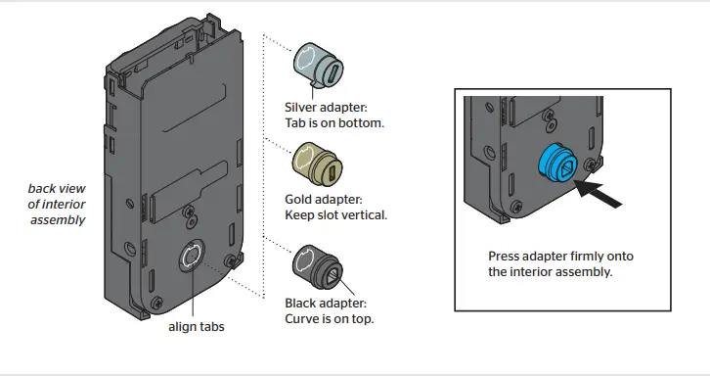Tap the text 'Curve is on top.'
pyautogui.click(x=330, y=318)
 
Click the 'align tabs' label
pyautogui.click(x=197, y=326)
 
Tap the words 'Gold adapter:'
pyautogui.click(x=322, y=199)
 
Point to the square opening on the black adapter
pyautogui.click(x=333, y=273)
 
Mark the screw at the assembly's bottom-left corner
pyautogui.click(x=157, y=305)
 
